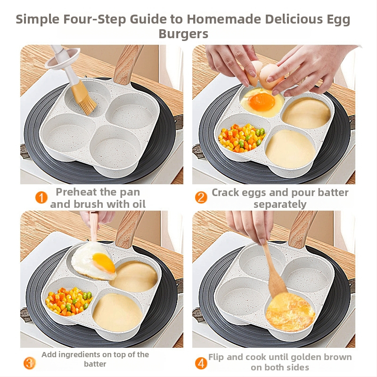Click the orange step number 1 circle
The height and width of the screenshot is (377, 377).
pos(41,197)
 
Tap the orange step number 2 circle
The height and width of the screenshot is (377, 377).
pos(201,197)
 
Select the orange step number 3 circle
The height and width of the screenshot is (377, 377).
pos(29,363)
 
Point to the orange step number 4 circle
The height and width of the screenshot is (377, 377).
pos(201,363)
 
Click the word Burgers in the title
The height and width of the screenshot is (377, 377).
pos(183,33)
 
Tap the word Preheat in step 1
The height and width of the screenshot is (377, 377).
pos(76,192)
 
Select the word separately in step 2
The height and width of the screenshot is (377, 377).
pos(280,205)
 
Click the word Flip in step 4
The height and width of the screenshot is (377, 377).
pos(216,357)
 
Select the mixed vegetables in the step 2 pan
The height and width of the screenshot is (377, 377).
pos(242,138)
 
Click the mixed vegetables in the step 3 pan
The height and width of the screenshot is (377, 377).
pos(69,301)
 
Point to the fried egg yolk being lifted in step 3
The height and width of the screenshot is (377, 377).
pos(104,262)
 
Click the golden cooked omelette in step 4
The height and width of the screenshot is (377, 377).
pos(290,312)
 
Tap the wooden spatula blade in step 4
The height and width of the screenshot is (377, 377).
pos(278,285)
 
